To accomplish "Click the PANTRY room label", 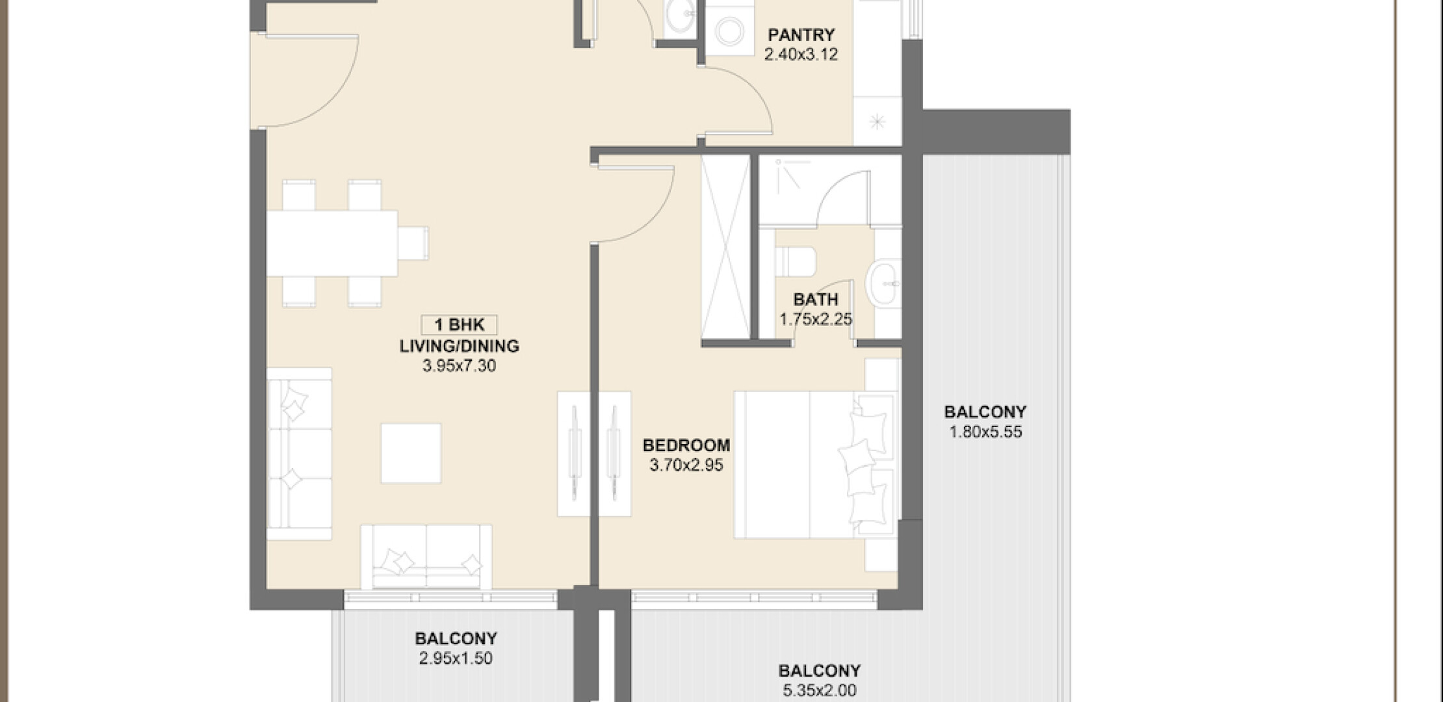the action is (801, 34).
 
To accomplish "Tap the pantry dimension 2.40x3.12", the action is (801, 55).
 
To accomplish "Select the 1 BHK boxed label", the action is (460, 325).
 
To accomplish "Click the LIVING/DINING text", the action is (460, 346).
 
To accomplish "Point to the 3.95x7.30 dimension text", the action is (460, 366).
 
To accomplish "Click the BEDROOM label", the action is (686, 445).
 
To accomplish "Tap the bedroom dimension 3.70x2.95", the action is (686, 465).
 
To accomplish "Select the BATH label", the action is (816, 300).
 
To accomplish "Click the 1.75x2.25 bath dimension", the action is (816, 320).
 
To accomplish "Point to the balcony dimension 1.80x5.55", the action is (985, 432).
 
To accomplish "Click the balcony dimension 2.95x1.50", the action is (456, 658).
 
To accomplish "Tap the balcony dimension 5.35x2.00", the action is (820, 690).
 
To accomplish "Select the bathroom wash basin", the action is (885, 283).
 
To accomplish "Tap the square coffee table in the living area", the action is (411, 454).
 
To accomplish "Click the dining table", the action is (333, 243).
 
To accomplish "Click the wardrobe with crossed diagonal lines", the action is (725, 247).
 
